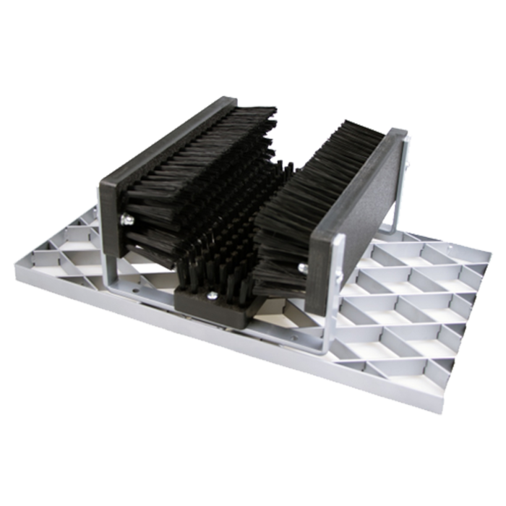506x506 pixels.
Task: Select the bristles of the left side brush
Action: pos(195,181)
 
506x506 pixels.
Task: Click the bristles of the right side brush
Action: pos(304,210)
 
